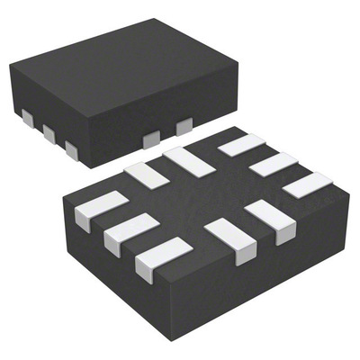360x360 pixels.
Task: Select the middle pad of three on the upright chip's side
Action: click(x=49, y=133)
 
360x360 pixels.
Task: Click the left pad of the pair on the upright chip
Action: click(x=151, y=138)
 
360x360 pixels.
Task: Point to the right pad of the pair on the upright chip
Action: click(x=184, y=126)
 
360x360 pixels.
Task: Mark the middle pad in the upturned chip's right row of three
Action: click(x=272, y=165)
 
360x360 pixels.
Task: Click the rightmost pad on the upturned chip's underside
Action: click(x=307, y=187)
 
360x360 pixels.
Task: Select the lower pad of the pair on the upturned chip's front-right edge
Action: click(x=227, y=238)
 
